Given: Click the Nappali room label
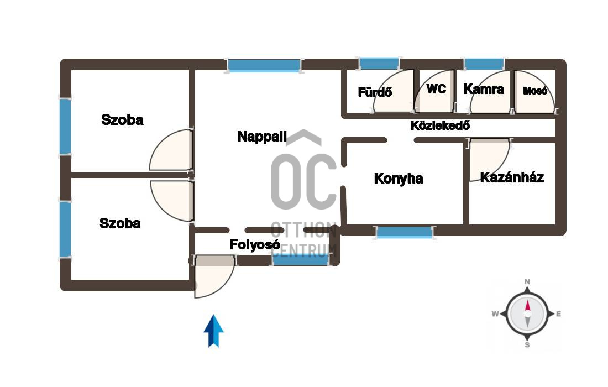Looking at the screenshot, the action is (x=262, y=137).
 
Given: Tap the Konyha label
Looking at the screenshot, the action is (x=399, y=179).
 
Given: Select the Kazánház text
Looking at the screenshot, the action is (x=512, y=177).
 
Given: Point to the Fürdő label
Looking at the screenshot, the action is (x=375, y=92).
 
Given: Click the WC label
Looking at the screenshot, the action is (x=436, y=88).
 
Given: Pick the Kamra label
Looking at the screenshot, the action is (x=484, y=89).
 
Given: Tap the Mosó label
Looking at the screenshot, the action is (x=535, y=91).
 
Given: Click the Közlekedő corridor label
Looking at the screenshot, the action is (x=440, y=125).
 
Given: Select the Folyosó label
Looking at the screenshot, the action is (x=254, y=245).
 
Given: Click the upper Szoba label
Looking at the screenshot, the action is (x=122, y=119).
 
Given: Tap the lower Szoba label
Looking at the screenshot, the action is (x=120, y=223).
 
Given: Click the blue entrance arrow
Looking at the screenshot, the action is (x=213, y=331).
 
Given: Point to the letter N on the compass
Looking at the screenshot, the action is (x=527, y=282).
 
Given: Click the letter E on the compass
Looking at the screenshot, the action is (x=559, y=314).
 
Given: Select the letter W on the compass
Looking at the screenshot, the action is (x=495, y=314).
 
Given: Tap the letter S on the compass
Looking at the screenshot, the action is (x=527, y=346).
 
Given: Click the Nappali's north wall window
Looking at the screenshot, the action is (x=264, y=65).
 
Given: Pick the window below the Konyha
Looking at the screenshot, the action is (x=405, y=233).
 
